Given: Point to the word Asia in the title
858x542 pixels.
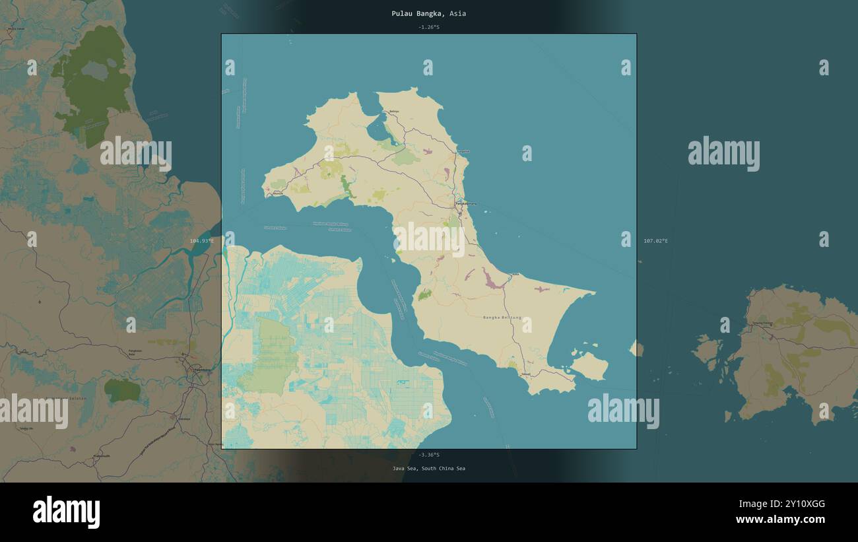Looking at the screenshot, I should point(458,13).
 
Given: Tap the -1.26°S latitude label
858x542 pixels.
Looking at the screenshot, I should point(428,27).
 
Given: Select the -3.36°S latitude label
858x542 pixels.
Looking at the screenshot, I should point(428,455).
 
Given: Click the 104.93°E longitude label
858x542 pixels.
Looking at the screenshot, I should point(202,241).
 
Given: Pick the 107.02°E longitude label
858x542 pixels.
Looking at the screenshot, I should point(655,241).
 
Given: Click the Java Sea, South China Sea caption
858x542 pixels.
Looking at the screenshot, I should point(428,469).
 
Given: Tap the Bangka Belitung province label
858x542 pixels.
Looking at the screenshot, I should point(502,318).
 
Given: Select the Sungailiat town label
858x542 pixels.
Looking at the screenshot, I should point(463,151).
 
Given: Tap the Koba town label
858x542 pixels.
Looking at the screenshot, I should point(515,275).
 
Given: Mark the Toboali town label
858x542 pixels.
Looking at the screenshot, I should point(525,374).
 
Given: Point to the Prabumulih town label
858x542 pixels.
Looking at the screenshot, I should point(102,456).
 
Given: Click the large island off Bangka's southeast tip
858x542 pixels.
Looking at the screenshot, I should point(589,366).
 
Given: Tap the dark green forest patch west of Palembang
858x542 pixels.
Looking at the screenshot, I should point(123,391).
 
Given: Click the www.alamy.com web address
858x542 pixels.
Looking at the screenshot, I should point(780,520).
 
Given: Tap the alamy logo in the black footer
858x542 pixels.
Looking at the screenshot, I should point(66,512).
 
